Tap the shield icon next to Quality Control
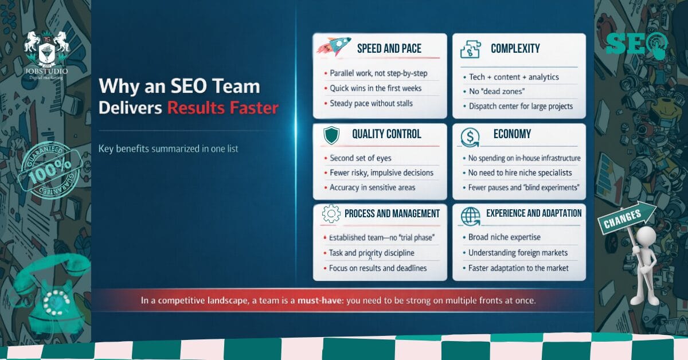[331, 135]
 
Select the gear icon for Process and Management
[331, 214]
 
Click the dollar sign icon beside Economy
[470, 136]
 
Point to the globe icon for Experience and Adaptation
[470, 216]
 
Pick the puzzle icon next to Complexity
[470, 49]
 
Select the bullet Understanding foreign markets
[518, 253]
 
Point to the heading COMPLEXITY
[515, 49]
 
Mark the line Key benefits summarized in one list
[169, 149]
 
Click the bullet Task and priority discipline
[372, 253]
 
